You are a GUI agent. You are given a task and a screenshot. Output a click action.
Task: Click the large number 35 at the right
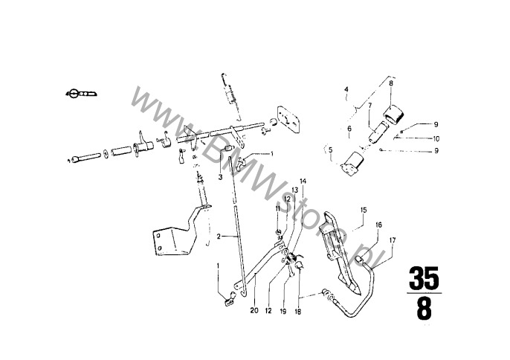(424, 279)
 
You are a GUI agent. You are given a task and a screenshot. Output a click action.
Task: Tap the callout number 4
(346, 89)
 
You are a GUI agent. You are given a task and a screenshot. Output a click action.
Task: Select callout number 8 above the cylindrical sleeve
(391, 83)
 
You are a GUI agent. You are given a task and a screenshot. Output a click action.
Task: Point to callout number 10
(436, 138)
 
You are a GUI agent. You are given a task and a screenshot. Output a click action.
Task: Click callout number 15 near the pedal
(364, 210)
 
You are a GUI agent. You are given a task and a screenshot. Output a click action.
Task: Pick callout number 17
(393, 240)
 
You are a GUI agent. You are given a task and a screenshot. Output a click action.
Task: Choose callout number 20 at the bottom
(254, 310)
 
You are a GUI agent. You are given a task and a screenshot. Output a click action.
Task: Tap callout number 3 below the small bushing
(220, 177)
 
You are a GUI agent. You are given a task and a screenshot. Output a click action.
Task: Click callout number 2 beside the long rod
(219, 237)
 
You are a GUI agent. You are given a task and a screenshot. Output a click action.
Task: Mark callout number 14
(303, 181)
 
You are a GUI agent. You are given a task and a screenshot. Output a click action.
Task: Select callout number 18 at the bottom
(298, 312)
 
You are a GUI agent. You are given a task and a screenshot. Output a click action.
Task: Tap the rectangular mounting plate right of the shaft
(288, 119)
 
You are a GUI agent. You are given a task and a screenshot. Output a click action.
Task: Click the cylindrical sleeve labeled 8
(393, 114)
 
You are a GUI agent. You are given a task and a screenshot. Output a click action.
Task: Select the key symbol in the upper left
(81, 94)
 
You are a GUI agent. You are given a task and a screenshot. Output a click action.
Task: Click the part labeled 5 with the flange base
(351, 165)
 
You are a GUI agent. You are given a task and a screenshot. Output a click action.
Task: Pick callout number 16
(378, 225)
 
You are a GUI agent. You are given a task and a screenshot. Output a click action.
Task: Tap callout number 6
(349, 129)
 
